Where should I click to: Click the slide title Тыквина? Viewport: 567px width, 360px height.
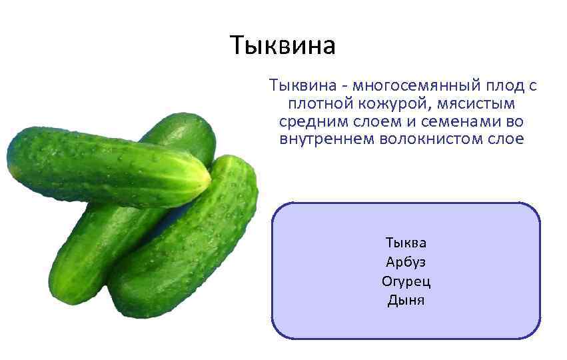tap(283, 45)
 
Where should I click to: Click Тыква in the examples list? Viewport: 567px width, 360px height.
tap(406, 242)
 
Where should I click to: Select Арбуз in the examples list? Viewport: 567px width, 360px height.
tap(406, 261)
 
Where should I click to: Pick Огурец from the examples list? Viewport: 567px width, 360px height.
tap(406, 281)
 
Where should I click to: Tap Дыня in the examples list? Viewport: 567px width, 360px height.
tap(406, 300)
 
